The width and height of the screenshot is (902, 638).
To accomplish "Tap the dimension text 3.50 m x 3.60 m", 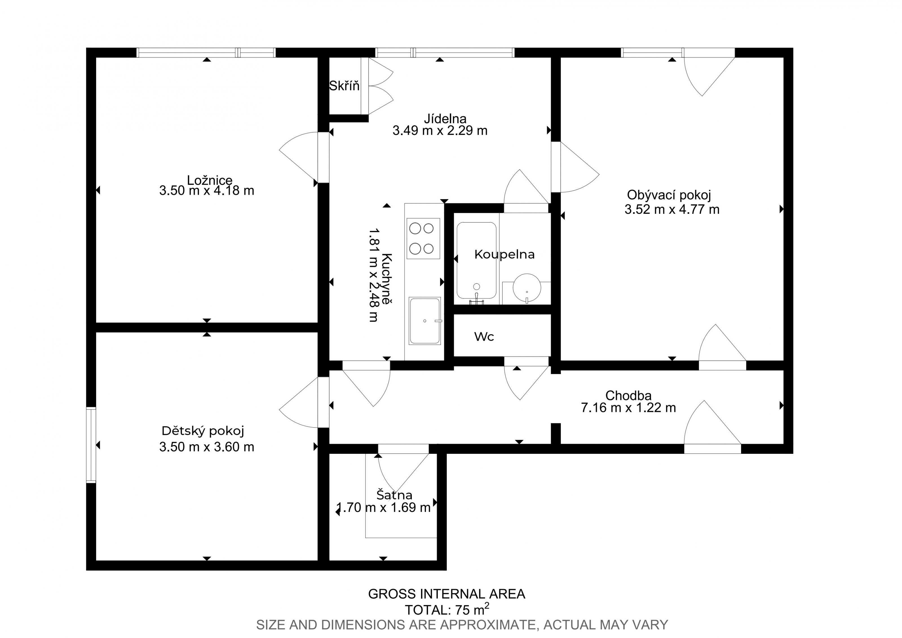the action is point(207,447).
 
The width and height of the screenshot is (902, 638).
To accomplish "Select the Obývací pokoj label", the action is point(669,195).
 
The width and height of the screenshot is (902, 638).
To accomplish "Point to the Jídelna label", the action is point(445,118).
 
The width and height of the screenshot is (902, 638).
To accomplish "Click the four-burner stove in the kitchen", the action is point(423,239).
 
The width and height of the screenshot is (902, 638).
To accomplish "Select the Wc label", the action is point(484,336).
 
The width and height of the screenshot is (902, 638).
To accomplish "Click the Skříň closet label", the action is point(344,86).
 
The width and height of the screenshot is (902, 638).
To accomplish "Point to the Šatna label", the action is point(394,495).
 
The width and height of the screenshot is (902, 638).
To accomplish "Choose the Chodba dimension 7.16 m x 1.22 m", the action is point(629,408).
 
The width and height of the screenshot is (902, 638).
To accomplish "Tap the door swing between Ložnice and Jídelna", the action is point(299,157).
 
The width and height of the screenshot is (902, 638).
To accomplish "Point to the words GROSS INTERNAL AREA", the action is point(447,594).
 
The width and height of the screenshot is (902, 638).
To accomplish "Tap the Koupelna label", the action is point(505,255).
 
